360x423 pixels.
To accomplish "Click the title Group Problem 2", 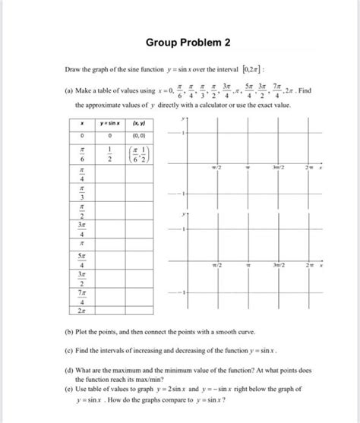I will [x=179, y=42].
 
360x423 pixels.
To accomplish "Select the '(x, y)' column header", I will [x=139, y=123].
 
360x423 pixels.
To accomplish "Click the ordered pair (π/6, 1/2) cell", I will [x=139, y=153].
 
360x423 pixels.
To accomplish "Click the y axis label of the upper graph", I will [x=182, y=119].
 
